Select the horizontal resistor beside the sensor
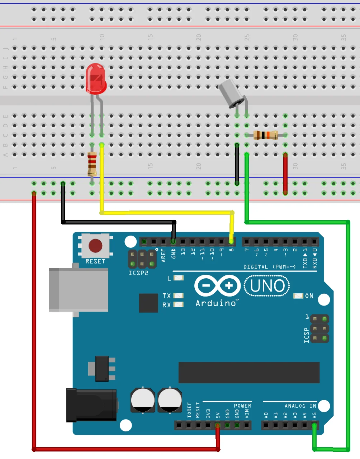point(265,135)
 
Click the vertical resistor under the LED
point(92,164)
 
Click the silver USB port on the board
point(79,290)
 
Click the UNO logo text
point(267,286)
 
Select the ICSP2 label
point(138,273)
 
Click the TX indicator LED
point(179,296)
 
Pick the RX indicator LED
point(179,304)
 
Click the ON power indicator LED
point(298,296)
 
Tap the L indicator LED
point(179,278)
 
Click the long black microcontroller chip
point(249,373)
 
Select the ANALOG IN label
point(300,406)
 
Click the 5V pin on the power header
point(217,426)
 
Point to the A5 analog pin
point(314,426)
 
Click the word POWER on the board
point(242,406)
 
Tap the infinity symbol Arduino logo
point(217,286)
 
